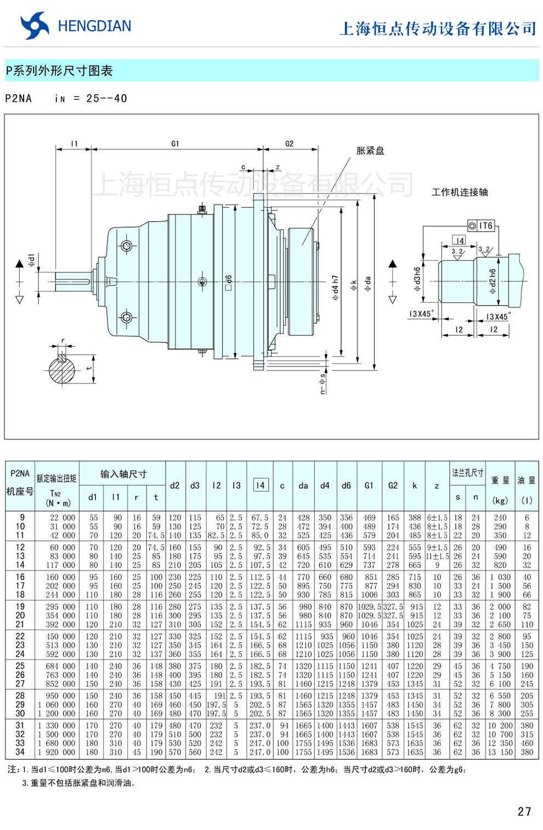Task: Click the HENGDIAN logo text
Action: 94,26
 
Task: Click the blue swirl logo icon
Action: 35,26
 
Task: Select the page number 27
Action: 524,811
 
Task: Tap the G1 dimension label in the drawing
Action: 175,144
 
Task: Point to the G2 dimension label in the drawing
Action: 289,144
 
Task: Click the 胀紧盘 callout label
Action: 370,151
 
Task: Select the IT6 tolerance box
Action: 481,225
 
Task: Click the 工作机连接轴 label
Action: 460,192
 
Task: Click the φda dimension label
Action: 368,283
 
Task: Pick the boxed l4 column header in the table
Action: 261,485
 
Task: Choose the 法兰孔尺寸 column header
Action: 467,472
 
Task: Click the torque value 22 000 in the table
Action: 62,517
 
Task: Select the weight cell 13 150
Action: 500,752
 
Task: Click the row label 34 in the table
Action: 20,752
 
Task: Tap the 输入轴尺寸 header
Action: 123,474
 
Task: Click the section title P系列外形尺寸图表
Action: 59,71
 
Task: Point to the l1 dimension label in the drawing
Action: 74,144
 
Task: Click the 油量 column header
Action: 527,480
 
